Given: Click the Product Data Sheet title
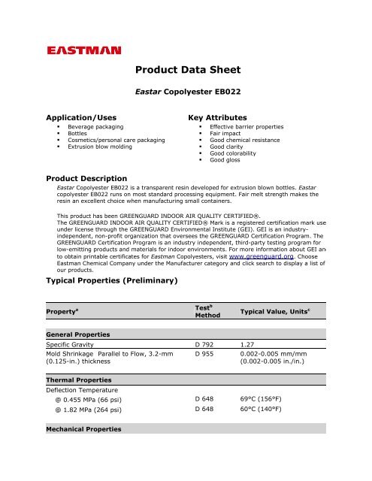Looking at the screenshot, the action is [x=188, y=71].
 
